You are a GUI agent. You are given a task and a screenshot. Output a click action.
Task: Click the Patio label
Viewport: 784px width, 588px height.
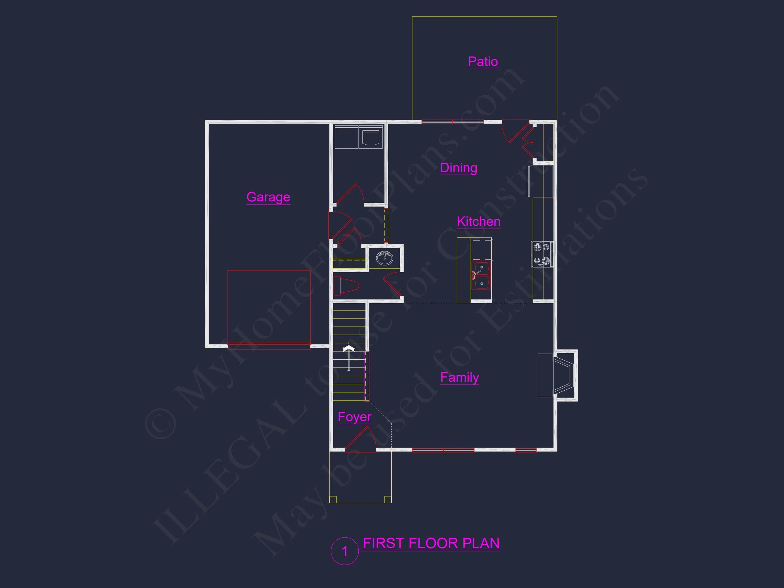click(483, 62)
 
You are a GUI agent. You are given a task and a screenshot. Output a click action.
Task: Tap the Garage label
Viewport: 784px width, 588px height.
click(268, 197)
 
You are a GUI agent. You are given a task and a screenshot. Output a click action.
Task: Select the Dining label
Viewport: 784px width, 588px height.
click(458, 168)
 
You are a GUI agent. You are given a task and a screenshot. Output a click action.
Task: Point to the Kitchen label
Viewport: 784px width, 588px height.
click(478, 222)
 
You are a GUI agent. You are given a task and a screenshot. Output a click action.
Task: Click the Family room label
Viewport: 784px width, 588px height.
click(459, 377)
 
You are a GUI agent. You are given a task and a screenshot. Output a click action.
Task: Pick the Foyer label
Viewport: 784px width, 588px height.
click(355, 417)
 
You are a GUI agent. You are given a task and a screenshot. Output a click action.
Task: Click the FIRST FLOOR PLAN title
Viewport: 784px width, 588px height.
click(431, 543)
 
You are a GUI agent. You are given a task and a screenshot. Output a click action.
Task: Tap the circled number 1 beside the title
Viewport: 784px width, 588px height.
click(344, 551)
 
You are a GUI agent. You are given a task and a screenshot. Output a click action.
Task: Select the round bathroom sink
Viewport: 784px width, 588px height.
click(385, 258)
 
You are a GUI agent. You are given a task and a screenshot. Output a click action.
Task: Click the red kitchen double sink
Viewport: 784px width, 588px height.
click(481, 276)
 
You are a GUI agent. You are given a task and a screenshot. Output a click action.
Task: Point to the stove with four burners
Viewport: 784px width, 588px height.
click(542, 254)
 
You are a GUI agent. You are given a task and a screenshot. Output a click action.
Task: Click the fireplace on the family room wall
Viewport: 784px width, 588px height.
click(558, 375)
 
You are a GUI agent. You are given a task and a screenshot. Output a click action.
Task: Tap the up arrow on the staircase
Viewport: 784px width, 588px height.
click(349, 358)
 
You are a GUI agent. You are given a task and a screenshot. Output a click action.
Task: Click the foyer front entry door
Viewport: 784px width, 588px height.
click(360, 440)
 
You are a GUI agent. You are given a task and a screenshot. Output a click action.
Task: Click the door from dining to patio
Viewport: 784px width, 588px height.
click(516, 131)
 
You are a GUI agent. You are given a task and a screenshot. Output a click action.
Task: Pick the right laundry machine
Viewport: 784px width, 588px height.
click(371, 137)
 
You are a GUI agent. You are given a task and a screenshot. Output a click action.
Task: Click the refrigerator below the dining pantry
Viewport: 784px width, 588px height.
click(540, 181)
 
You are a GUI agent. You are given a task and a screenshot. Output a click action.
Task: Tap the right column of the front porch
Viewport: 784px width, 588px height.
click(388, 500)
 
